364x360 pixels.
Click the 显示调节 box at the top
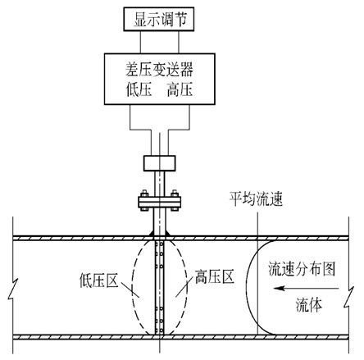pos(159,19)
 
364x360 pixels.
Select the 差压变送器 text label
pos(159,70)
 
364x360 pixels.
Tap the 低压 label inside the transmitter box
pos(139,89)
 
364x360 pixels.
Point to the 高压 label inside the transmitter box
pos(180,89)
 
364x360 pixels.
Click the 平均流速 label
pos(256,198)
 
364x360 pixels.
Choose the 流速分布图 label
pos(302,269)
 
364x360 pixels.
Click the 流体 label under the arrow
pos(309,304)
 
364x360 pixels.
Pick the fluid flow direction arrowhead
pos(280,288)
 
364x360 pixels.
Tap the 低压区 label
pos(99,280)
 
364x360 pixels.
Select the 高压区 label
pos(215,276)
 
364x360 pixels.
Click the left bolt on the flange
pos(144,200)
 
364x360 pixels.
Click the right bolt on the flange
pos(175,200)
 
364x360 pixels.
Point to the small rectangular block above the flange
pos(160,163)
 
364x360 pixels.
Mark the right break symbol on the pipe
pos(349,297)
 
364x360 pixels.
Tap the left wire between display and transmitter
pos(140,42)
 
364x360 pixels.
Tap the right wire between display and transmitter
pos(179,42)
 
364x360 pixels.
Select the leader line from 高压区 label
pos(183,288)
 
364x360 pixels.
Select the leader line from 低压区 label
pos(130,289)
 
